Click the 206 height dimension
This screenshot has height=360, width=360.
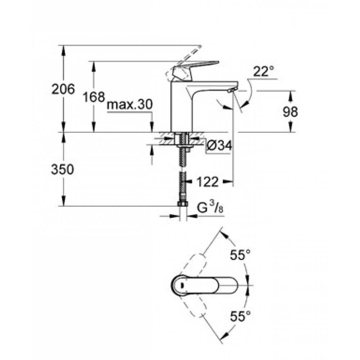coord(63,89)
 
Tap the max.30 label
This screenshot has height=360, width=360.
coord(130,104)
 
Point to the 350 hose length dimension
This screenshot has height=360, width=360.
coord(62,170)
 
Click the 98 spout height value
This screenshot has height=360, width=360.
coord(290,112)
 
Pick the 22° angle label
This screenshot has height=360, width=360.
coord(264,71)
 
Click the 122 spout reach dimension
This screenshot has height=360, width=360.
coord(208,182)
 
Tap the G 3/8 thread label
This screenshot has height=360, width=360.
coord(210,208)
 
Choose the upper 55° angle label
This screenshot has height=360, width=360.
coord(240,255)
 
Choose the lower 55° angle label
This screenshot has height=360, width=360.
coord(240,316)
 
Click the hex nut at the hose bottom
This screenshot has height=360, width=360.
coord(183,204)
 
